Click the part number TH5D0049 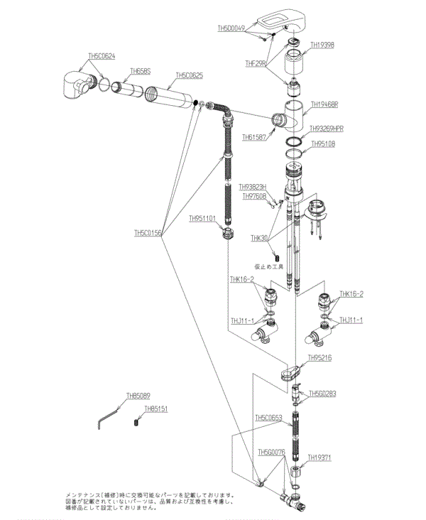231,28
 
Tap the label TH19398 322,45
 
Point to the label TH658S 141,71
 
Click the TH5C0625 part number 189,75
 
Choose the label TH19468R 324,104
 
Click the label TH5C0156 148,232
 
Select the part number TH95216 319,358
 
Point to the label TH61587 254,136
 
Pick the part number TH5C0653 269,418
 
